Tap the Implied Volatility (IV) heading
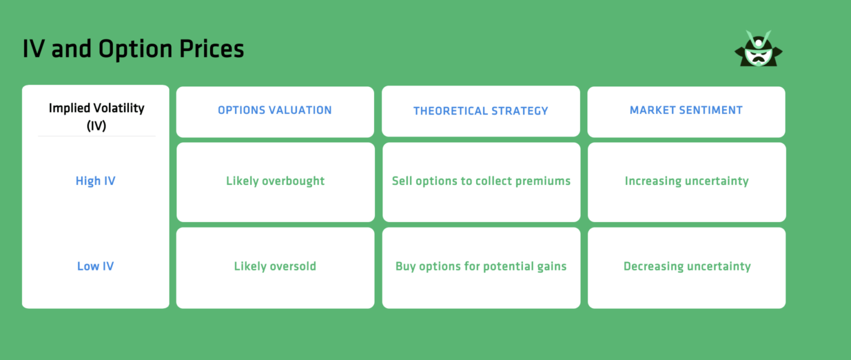point(96,116)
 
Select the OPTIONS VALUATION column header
point(275,110)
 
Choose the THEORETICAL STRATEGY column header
point(480,111)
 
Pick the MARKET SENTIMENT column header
point(686,110)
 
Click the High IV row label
point(95,181)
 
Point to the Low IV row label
point(95,266)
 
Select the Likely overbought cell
point(275,181)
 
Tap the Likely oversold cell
point(275,266)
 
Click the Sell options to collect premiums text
point(481,181)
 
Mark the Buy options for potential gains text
point(481,266)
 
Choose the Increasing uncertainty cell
point(686,181)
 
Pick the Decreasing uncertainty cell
point(687,266)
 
